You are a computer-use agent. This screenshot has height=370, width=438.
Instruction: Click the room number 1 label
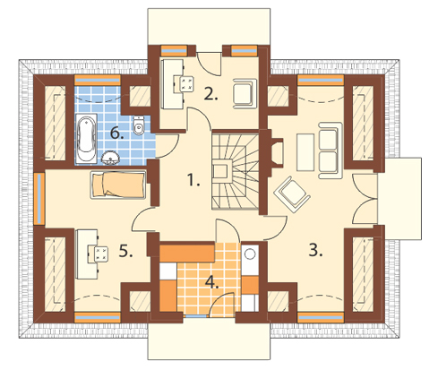click(x=193, y=180)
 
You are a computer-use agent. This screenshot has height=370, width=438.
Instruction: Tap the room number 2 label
click(x=210, y=93)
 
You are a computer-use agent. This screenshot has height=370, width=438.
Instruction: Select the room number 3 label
click(x=315, y=250)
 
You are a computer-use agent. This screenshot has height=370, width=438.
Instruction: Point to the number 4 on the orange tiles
click(x=211, y=282)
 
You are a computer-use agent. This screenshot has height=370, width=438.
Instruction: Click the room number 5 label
click(x=125, y=250)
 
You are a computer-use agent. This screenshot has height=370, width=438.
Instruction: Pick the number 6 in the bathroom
click(x=116, y=133)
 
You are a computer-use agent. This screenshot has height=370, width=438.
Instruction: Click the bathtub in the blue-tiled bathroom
click(x=86, y=138)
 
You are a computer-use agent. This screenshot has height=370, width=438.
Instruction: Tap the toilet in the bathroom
click(x=138, y=125)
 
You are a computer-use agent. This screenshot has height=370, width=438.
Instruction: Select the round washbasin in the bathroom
click(x=110, y=158)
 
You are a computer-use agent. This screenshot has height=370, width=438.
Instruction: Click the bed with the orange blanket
click(x=118, y=185)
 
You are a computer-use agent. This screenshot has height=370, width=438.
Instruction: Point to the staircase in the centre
click(x=235, y=171)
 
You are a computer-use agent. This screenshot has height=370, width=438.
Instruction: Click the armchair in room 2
click(x=245, y=93)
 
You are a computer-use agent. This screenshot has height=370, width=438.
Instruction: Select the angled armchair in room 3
click(x=292, y=194)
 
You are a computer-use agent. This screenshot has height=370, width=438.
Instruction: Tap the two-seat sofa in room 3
click(x=330, y=151)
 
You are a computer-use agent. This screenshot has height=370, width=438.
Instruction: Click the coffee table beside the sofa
click(x=305, y=152)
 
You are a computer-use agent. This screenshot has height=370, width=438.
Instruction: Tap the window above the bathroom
click(x=98, y=80)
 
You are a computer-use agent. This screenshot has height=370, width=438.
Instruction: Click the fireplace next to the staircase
click(x=275, y=152)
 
